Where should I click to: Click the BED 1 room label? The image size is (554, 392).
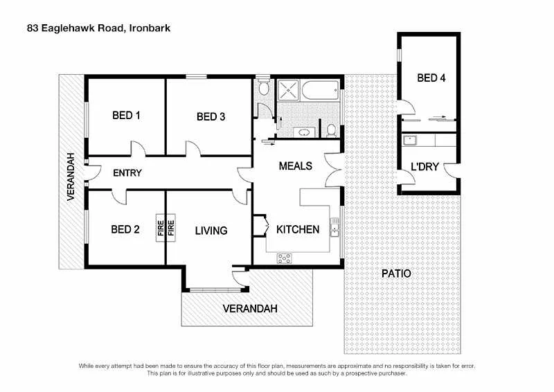[126, 115]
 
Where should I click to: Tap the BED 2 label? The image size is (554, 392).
[126, 230]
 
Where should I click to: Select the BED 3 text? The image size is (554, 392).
[211, 117]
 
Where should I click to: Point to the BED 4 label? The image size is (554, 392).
[431, 78]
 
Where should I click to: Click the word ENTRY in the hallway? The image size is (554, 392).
[127, 172]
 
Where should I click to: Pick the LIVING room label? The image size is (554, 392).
[211, 231]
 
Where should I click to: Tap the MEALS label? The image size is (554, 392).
[295, 166]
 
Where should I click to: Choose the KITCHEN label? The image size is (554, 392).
[298, 229]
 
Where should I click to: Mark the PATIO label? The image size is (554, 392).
[396, 274]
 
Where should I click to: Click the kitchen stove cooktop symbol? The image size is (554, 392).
[285, 258]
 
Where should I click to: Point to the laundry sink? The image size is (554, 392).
[409, 141]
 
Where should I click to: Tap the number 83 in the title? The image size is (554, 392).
[32, 28]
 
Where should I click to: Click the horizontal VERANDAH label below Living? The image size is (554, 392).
[249, 308]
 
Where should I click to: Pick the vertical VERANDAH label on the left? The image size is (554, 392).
[71, 177]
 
